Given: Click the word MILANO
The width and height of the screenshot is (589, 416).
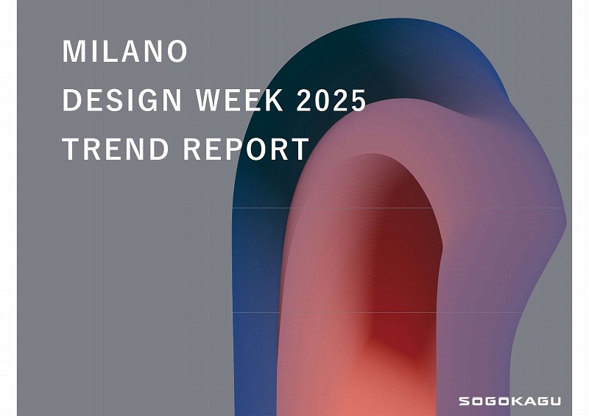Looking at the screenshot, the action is (x=124, y=51).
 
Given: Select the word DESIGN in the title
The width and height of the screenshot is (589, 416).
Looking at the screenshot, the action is (x=122, y=100).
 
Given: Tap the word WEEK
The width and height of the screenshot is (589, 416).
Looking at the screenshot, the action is (x=240, y=100).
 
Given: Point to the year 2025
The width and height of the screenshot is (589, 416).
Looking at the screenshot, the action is (x=331, y=100).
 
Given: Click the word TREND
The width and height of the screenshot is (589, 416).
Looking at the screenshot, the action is (x=116, y=149).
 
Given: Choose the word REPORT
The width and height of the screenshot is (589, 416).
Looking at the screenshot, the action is (x=246, y=149).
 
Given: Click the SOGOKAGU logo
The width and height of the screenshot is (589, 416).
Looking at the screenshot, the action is (x=509, y=401).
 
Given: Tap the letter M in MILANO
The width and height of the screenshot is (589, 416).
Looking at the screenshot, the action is (x=73, y=51).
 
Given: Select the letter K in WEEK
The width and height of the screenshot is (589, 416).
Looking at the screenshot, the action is (x=275, y=100).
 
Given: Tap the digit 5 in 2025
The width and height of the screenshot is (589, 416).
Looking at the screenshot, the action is (x=358, y=100).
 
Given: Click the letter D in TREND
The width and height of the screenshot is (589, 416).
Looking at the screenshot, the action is (x=158, y=149).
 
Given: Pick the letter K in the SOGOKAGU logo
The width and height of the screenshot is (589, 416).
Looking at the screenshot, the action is (x=509, y=401).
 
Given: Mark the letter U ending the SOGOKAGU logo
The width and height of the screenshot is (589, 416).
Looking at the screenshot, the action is (x=555, y=401).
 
